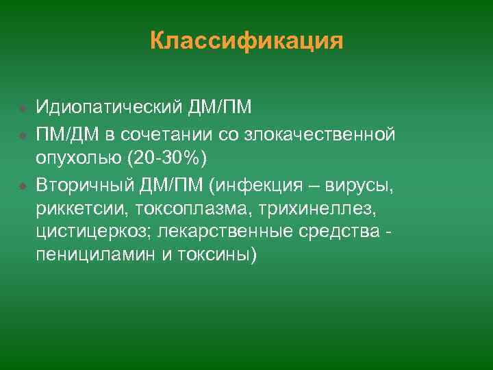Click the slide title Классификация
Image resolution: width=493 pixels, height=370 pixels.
246,41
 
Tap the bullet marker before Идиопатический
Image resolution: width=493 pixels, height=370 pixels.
23,108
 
